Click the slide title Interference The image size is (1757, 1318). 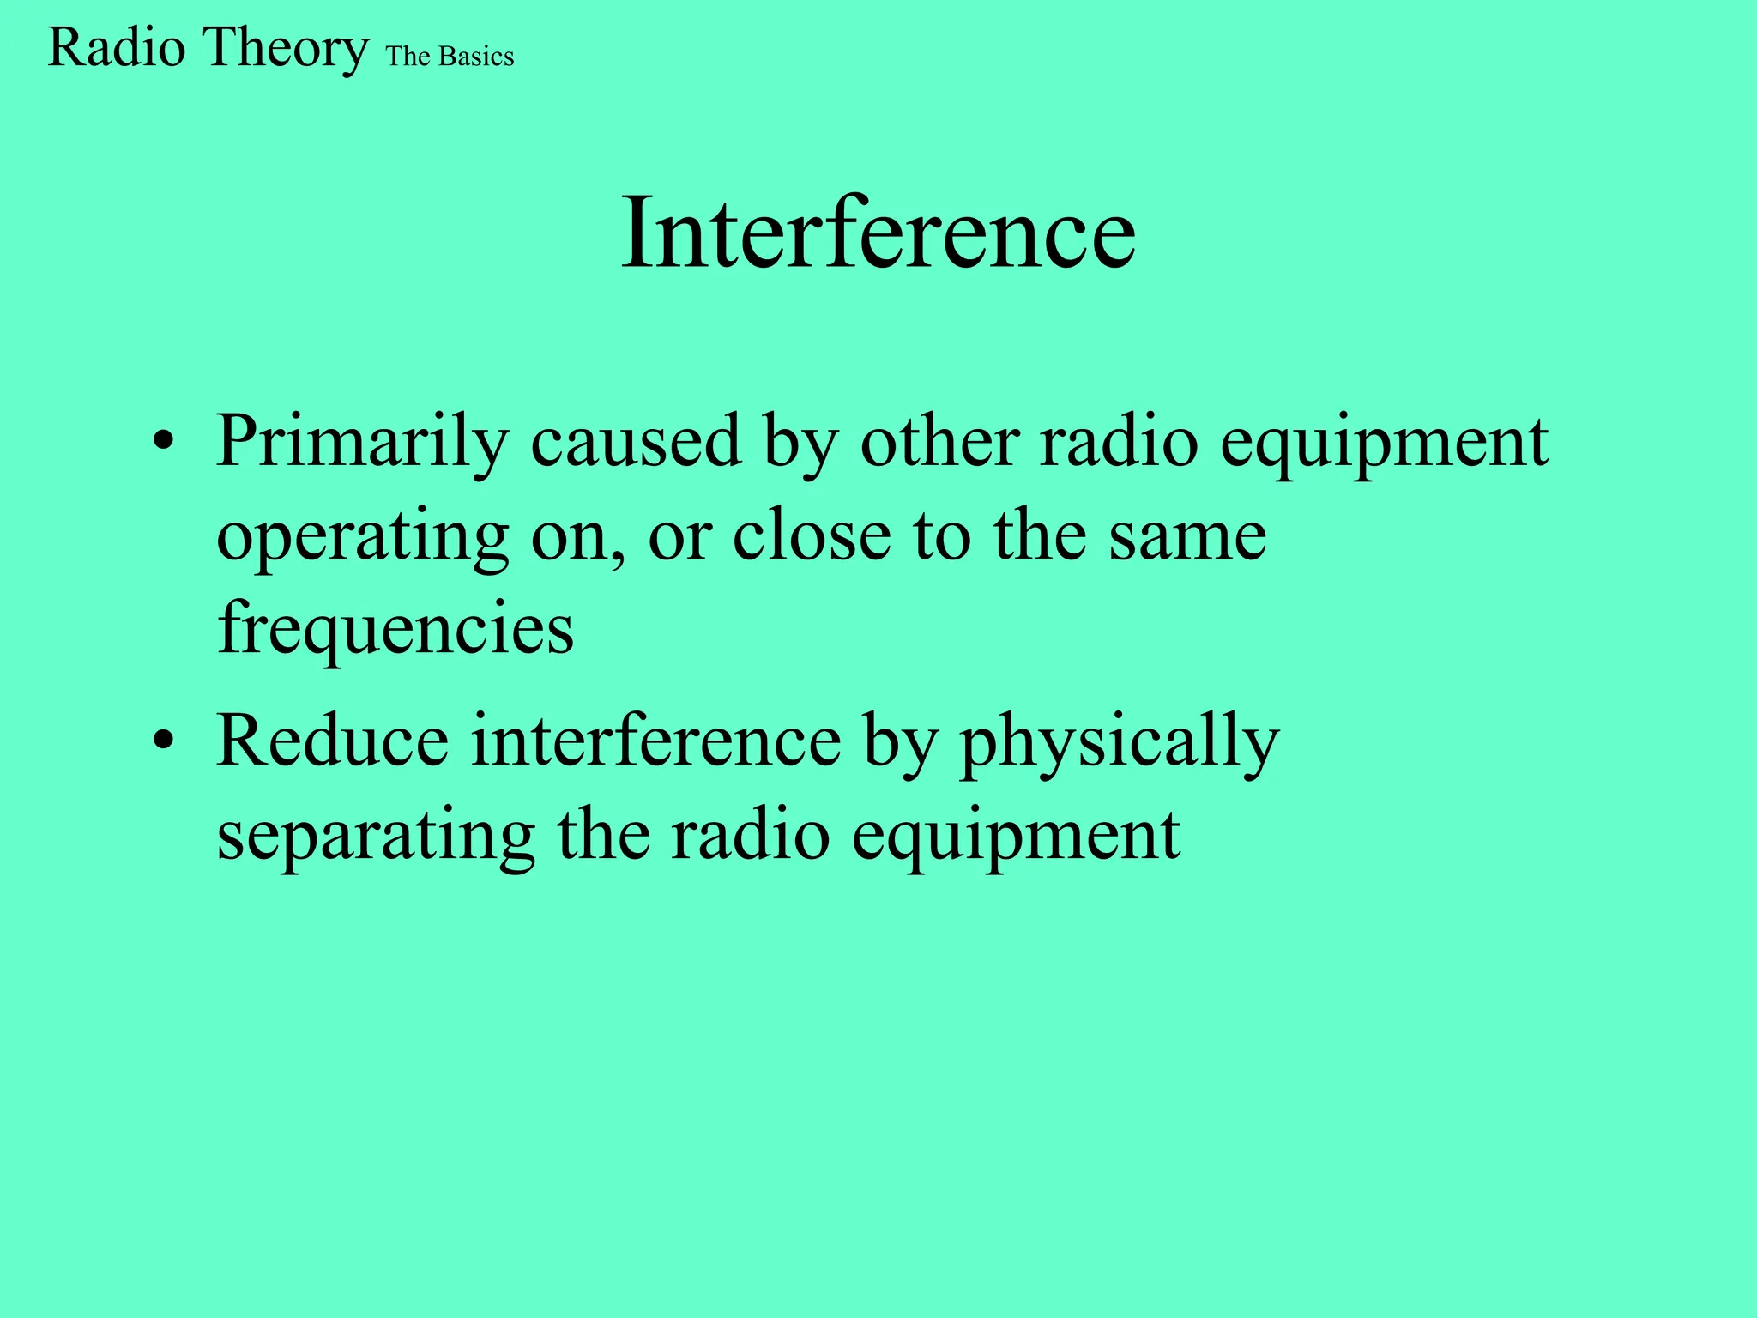pos(878,233)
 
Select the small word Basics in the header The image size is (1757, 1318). pos(476,57)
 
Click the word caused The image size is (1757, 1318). pos(636,442)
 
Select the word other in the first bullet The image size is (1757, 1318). pos(939,442)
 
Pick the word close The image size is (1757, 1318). pos(812,536)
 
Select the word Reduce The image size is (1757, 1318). pos(333,741)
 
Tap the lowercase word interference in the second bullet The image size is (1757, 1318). pos(656,741)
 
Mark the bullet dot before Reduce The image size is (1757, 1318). pos(163,741)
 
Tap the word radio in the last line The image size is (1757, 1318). pos(750,835)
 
